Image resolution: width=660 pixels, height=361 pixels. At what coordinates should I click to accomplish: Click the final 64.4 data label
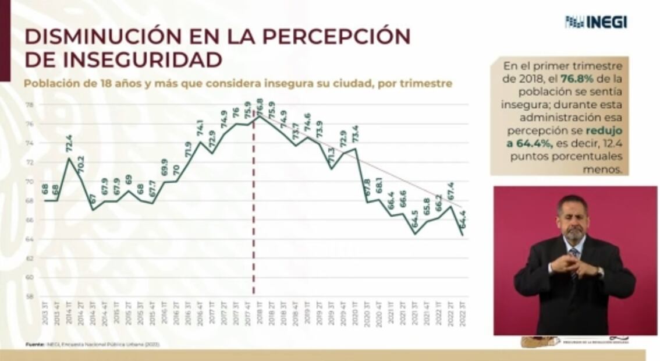(x=463, y=220)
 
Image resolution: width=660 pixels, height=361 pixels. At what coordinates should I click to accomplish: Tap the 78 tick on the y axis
(x=29, y=105)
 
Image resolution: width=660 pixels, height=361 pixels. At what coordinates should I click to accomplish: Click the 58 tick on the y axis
(x=29, y=296)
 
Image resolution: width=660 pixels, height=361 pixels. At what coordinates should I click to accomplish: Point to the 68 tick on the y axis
(x=29, y=200)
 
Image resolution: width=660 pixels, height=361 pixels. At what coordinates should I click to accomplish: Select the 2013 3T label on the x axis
(x=45, y=310)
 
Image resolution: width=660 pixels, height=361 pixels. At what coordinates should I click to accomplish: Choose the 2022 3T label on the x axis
(x=463, y=310)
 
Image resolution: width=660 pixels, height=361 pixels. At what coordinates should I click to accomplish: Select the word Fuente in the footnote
(x=35, y=345)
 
